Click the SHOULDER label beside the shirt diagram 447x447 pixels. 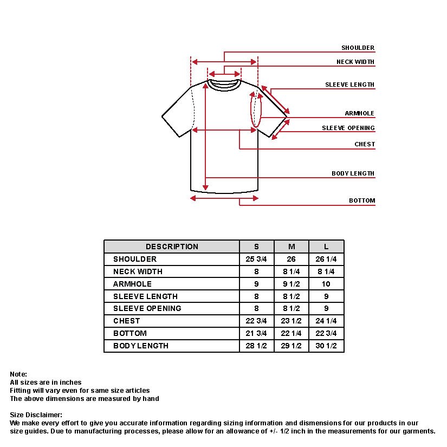[358, 48]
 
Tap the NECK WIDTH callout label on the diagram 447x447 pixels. [355, 62]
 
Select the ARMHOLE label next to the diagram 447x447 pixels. [359, 114]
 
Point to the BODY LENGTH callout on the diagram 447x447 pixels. [353, 174]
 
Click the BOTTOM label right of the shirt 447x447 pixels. [361, 201]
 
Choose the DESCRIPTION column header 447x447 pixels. [172, 247]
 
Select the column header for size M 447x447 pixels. [291, 247]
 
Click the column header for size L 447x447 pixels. [326, 247]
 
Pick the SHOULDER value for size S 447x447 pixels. [256, 259]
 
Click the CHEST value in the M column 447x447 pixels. [291, 321]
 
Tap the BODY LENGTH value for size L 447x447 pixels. [326, 346]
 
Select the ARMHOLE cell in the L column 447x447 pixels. [326, 284]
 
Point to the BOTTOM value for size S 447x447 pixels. [256, 333]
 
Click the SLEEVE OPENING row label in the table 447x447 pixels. [147, 308]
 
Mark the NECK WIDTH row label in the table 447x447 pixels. [138, 271]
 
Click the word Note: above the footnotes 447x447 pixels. [18, 374]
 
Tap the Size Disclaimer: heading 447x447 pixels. [36, 415]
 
